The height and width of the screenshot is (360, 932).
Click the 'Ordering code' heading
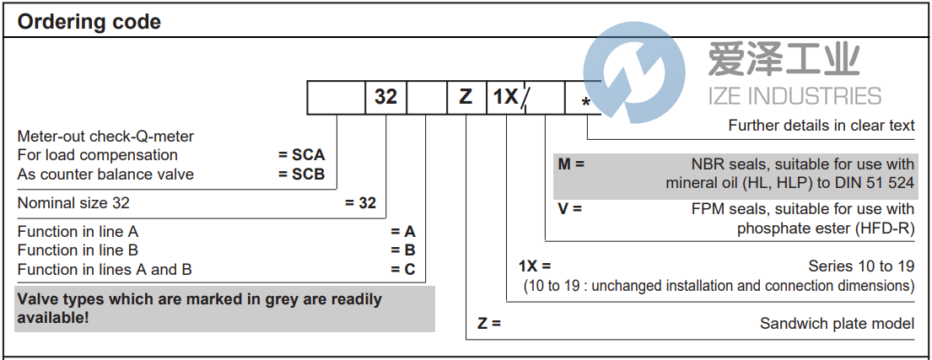[89, 22]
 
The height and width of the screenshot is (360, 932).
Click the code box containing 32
[385, 97]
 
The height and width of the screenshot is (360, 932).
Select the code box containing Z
[466, 97]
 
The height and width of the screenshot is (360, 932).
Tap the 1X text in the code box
[505, 97]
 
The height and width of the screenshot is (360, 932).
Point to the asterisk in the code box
[585, 103]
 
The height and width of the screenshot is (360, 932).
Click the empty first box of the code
[336, 97]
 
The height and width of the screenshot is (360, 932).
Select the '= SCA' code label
[302, 155]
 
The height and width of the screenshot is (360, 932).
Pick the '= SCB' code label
[302, 175]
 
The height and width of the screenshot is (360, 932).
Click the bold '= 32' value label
[361, 203]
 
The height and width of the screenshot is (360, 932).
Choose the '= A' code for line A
[403, 231]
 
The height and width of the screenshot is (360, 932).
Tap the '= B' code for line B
[403, 250]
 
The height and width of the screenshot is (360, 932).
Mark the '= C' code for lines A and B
[403, 270]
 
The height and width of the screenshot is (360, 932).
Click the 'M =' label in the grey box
[571, 164]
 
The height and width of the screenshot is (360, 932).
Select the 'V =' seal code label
[569, 208]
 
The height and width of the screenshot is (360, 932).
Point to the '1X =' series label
[535, 266]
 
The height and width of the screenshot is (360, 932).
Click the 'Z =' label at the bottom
[489, 323]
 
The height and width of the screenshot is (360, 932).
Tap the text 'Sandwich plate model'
[837, 324]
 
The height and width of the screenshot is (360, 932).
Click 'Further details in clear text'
[822, 126]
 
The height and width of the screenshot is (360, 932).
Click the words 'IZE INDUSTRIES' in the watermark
[795, 95]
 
